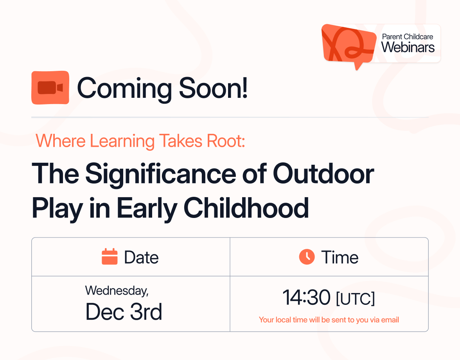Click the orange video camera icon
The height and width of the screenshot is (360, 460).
(x=50, y=88)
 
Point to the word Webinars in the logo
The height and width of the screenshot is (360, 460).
(x=408, y=48)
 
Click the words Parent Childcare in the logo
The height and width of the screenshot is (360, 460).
(x=408, y=37)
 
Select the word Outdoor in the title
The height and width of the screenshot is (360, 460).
(x=323, y=175)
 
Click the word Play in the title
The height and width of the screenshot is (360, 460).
(x=57, y=209)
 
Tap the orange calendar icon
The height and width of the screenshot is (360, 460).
(x=110, y=257)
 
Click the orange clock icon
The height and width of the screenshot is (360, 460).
(x=307, y=257)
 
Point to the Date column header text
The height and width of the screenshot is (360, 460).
(x=141, y=257)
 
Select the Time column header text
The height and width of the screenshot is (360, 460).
(x=340, y=257)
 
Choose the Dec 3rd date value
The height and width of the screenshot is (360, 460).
(x=124, y=312)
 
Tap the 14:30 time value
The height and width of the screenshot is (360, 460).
(x=306, y=298)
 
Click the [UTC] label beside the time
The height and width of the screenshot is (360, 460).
(x=355, y=299)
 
